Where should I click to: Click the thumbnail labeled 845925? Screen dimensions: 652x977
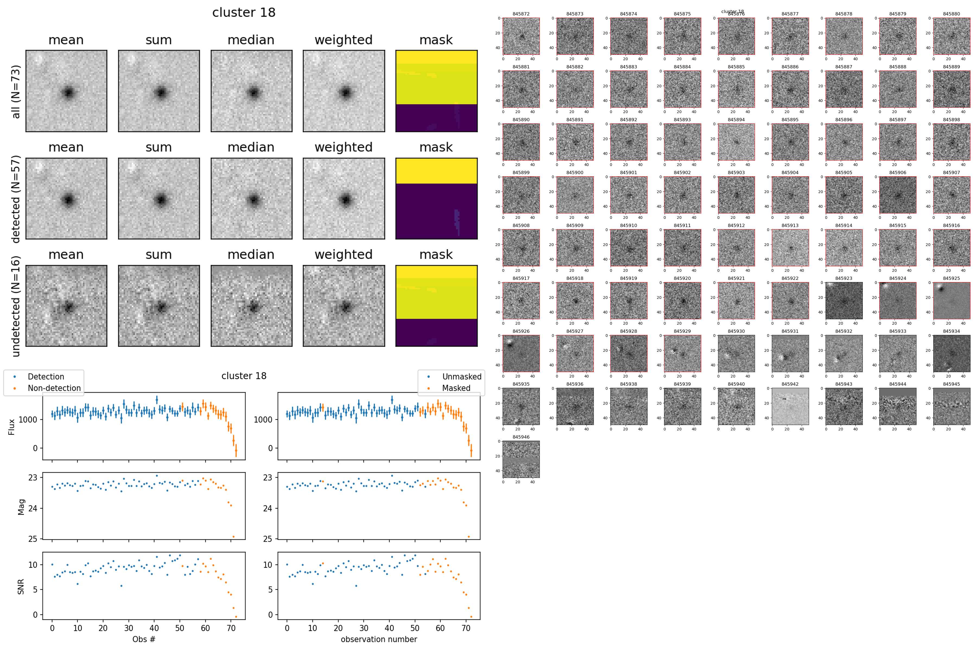coord(951,300)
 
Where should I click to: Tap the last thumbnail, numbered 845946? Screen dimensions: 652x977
coord(521,459)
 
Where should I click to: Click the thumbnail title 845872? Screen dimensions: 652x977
coord(521,14)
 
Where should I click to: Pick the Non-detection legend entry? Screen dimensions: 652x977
coord(54,388)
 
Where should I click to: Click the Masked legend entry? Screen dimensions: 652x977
coord(456,388)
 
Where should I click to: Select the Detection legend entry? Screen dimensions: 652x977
coord(46,377)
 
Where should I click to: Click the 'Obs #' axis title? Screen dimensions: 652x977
coord(144,639)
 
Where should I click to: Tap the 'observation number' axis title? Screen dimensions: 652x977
coord(379,639)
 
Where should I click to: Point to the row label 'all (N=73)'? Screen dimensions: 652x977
coord(16,91)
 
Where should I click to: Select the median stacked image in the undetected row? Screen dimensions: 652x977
coord(251,306)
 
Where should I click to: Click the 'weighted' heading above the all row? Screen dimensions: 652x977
coord(343,40)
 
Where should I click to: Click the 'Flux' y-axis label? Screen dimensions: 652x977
coord(12,427)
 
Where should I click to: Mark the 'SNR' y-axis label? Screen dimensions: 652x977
coord(21,586)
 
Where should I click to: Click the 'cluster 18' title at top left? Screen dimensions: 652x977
coord(244,12)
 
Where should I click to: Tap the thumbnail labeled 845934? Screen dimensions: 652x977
coord(951,353)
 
